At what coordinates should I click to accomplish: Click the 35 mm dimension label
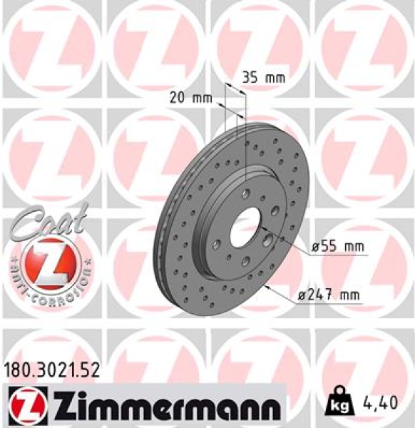tap(258, 78)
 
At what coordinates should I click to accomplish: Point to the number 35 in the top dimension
tap(249, 78)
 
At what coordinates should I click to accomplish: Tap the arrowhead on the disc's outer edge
tap(265, 287)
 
